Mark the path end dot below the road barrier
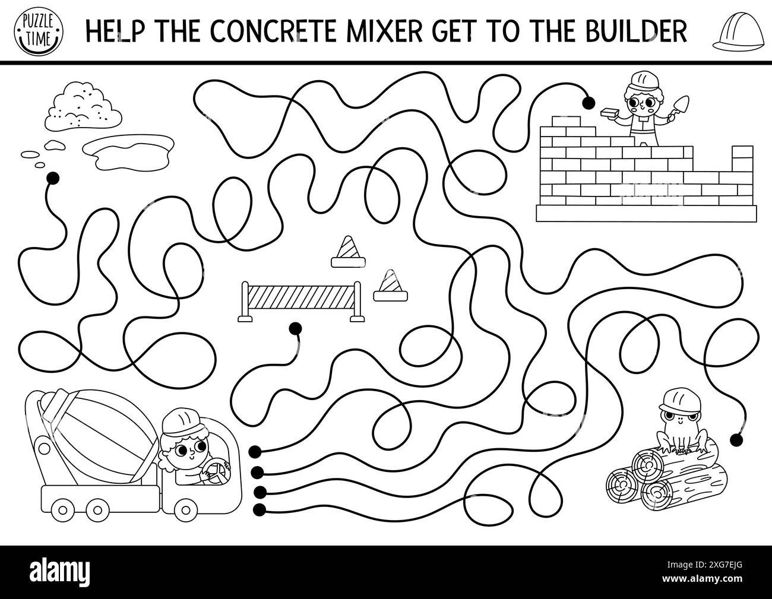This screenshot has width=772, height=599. pos(293,327)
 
